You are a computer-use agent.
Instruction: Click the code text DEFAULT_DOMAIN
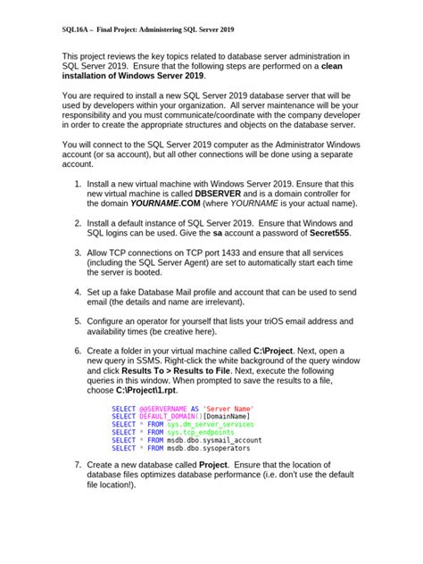point(167,415)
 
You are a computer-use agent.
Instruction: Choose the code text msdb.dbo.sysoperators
point(211,448)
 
